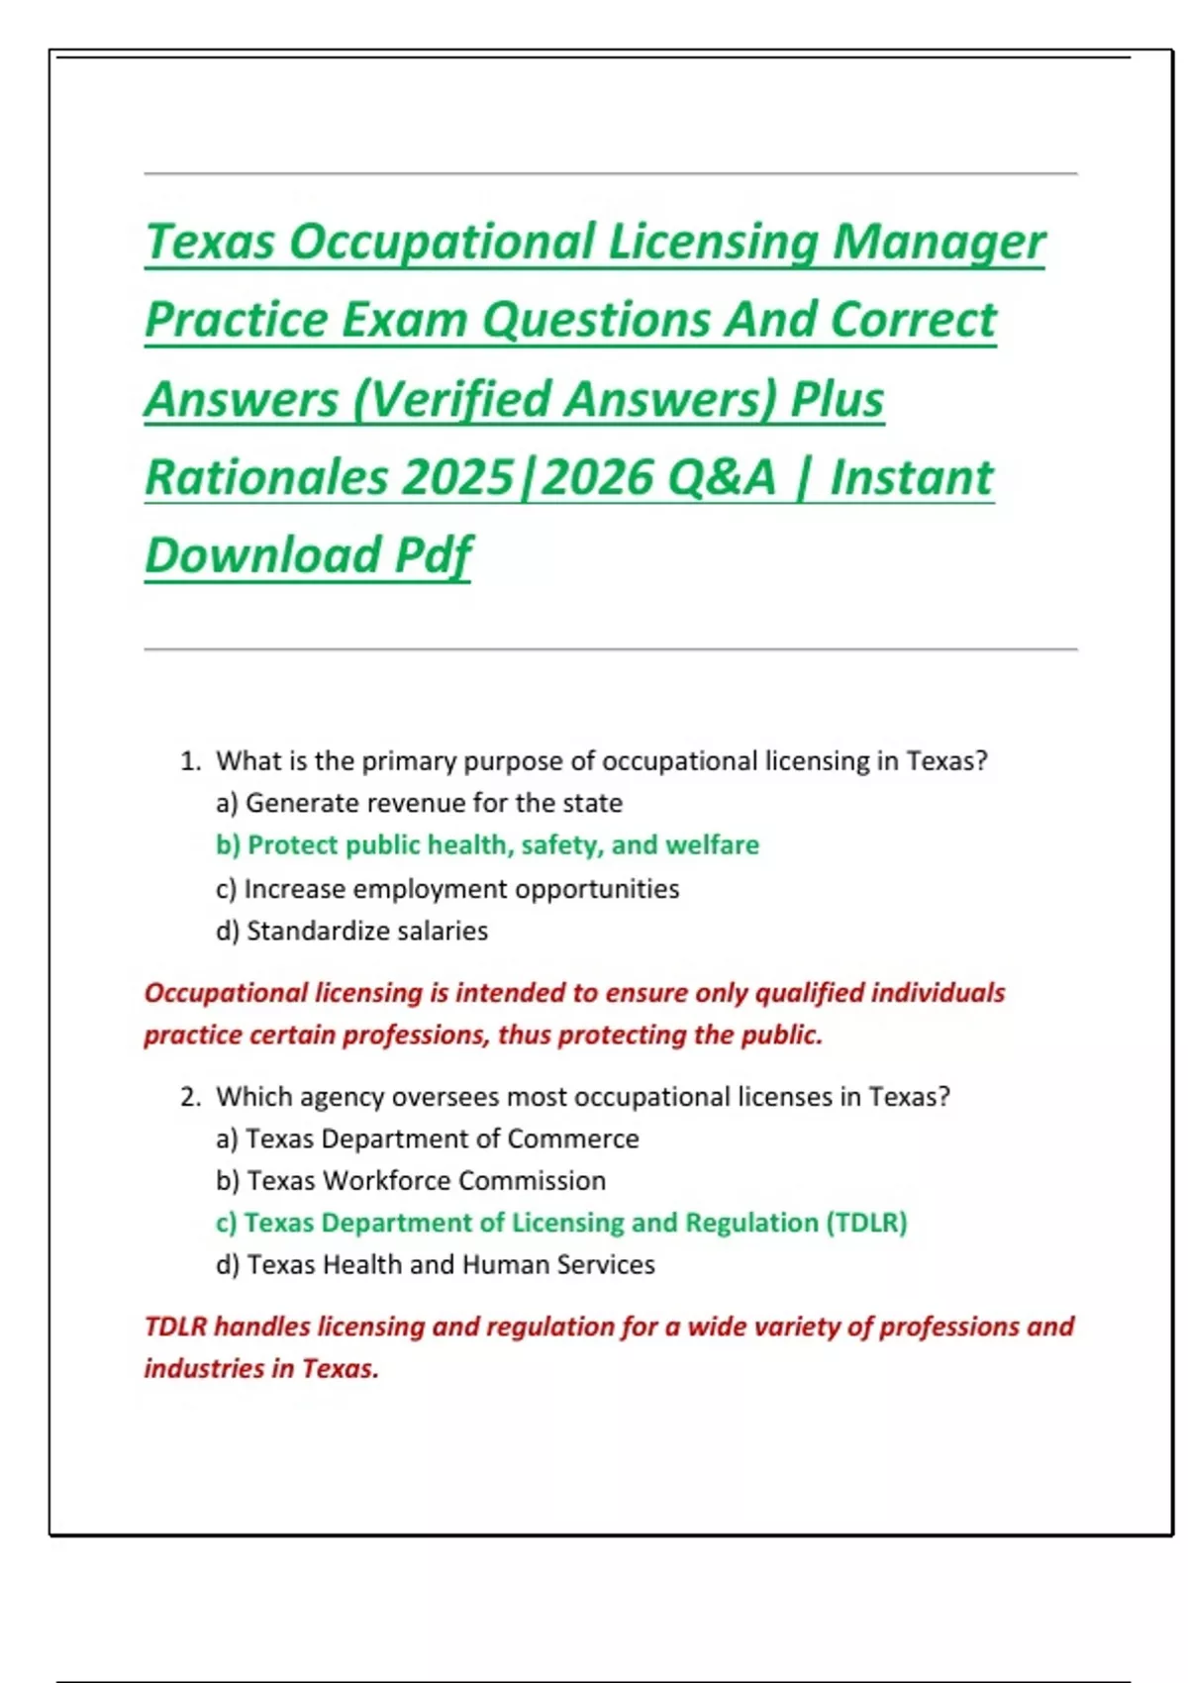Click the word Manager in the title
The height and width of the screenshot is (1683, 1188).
point(938,243)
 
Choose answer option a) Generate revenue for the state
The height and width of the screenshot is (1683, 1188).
point(419,803)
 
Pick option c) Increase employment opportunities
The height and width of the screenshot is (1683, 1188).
point(447,889)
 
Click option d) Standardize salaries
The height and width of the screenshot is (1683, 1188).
point(351,931)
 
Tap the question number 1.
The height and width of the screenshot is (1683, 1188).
point(190,761)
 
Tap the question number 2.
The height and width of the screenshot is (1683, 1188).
point(190,1097)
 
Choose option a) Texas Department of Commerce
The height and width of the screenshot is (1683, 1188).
point(427,1138)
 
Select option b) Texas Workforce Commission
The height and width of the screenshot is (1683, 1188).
point(411,1181)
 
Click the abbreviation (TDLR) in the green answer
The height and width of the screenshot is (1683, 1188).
point(866,1223)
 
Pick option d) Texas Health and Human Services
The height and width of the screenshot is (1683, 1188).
point(436,1265)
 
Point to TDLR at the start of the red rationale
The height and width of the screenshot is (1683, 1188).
point(175,1327)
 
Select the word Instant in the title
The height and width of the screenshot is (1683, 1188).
point(911,477)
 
